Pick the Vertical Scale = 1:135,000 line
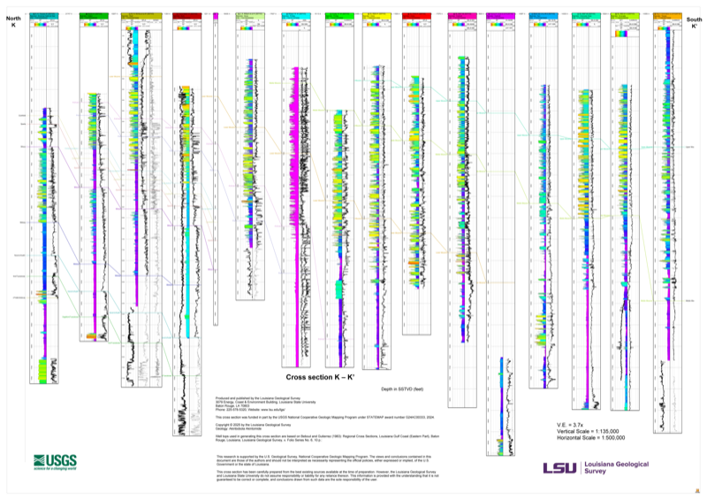pos(588,432)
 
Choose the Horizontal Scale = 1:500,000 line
pos(590,439)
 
